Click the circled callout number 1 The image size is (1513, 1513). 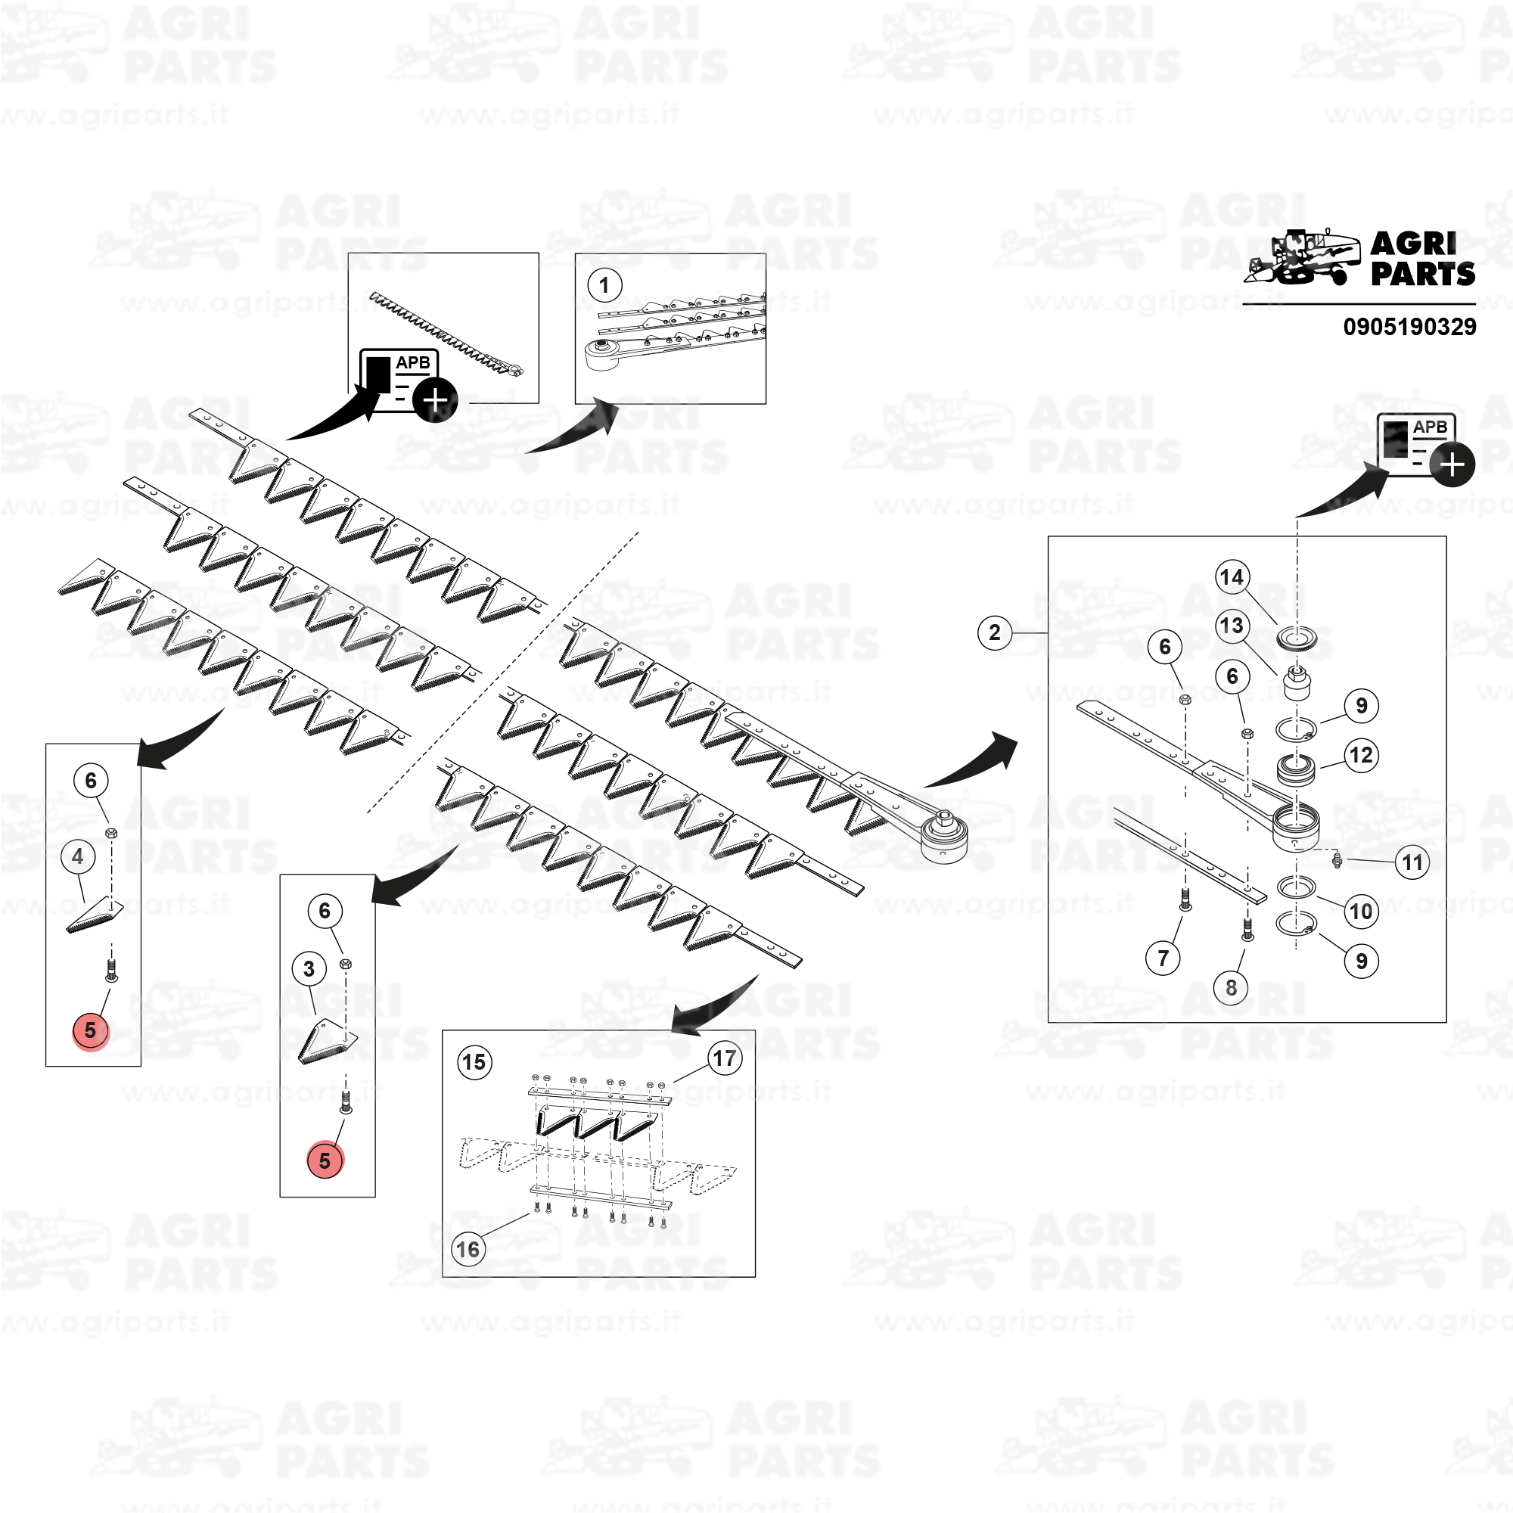pyautogui.click(x=604, y=286)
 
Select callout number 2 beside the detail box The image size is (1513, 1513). pyautogui.click(x=995, y=632)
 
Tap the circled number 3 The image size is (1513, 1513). pyautogui.click(x=309, y=970)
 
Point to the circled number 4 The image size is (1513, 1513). pyautogui.click(x=77, y=857)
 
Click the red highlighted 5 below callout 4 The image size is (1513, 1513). pyautogui.click(x=91, y=1030)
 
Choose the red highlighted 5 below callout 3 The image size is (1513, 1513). pyautogui.click(x=325, y=1160)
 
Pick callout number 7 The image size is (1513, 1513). pyautogui.click(x=1163, y=958)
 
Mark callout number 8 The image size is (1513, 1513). pyautogui.click(x=1231, y=987)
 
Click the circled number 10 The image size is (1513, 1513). pyautogui.click(x=1361, y=911)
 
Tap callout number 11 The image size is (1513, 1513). pyautogui.click(x=1412, y=863)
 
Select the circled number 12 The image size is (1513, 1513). pyautogui.click(x=1361, y=756)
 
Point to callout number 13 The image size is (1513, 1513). pyautogui.click(x=1232, y=626)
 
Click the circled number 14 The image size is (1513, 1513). pyautogui.click(x=1232, y=577)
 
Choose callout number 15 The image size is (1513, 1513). pyautogui.click(x=474, y=1063)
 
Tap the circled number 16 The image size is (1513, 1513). pyautogui.click(x=468, y=1249)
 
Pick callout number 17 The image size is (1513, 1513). pyautogui.click(x=725, y=1059)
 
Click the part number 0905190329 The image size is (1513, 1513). pyautogui.click(x=1409, y=327)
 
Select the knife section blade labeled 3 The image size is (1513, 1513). pyautogui.click(x=328, y=1042)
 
